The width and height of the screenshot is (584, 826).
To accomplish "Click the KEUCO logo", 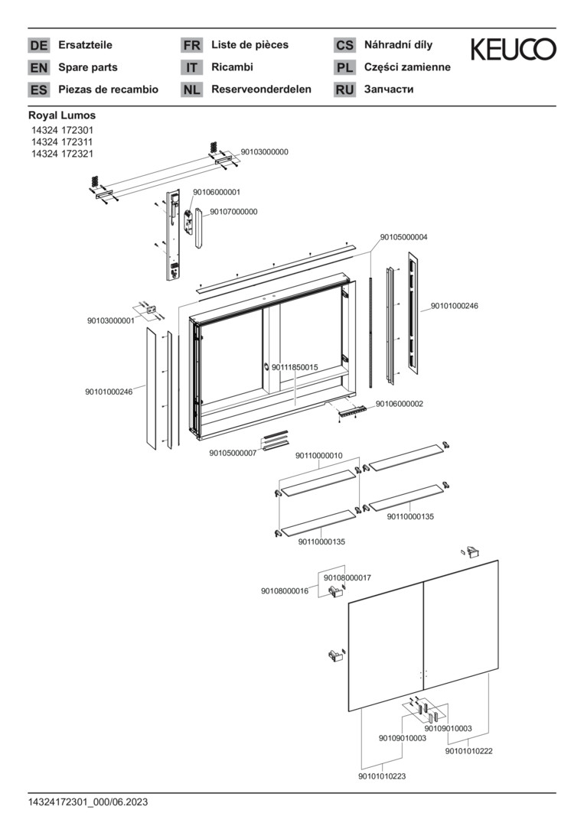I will click(x=513, y=50).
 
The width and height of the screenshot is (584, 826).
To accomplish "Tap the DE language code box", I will click(x=38, y=46).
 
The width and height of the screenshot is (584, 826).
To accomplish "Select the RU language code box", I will click(x=345, y=89).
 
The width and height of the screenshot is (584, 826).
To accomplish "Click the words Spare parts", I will click(x=88, y=67).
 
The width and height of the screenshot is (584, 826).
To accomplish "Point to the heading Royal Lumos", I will click(x=62, y=115).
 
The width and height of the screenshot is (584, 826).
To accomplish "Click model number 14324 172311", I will click(x=63, y=142).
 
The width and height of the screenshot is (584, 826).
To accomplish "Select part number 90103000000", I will click(x=264, y=152).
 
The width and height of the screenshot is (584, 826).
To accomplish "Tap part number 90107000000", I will click(x=233, y=211).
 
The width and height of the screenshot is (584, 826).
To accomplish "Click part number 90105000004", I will click(x=403, y=237).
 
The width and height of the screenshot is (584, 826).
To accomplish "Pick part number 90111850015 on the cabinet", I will click(x=295, y=368).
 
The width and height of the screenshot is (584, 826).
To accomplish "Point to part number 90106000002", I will click(x=400, y=404).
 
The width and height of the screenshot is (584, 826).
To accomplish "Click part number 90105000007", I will click(x=233, y=453).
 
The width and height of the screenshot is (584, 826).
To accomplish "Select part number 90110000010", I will click(x=318, y=456).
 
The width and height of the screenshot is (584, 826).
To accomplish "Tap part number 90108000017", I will click(x=347, y=577).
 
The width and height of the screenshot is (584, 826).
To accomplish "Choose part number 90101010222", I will click(x=468, y=751).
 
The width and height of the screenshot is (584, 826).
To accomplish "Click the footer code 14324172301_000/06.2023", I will click(x=88, y=802).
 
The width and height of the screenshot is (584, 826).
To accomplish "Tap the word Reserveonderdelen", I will click(x=261, y=89).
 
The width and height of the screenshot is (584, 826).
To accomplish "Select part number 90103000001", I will click(x=110, y=320).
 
